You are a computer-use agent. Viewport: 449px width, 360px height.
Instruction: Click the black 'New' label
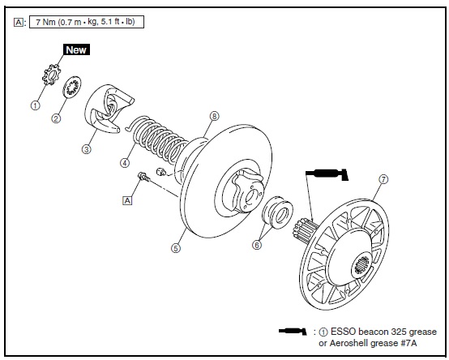[x=76, y=49]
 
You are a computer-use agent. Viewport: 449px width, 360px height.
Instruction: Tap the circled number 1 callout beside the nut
[x=35, y=105]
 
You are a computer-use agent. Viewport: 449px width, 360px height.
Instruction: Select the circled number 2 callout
[x=56, y=118]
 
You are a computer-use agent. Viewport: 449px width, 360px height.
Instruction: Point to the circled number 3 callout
[x=87, y=149]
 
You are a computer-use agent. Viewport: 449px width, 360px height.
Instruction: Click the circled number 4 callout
[x=125, y=163]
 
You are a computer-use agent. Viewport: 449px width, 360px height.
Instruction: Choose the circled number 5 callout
[x=176, y=248]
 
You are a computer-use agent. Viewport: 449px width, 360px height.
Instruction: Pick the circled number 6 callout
[x=257, y=245]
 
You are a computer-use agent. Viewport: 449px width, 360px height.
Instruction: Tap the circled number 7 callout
[x=383, y=179]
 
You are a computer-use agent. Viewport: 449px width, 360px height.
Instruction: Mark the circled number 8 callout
[x=214, y=116]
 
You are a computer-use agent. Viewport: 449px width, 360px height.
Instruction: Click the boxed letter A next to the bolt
[x=127, y=200]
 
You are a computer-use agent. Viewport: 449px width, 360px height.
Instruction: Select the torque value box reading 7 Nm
[x=87, y=22]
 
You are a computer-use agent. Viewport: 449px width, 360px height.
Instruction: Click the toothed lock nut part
[x=51, y=75]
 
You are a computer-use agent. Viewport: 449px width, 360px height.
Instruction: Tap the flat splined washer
[x=72, y=87]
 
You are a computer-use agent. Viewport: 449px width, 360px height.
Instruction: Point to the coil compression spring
[x=157, y=139]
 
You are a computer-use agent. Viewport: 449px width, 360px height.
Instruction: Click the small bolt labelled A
[x=144, y=176]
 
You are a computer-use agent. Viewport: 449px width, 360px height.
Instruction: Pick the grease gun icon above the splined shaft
[x=327, y=174]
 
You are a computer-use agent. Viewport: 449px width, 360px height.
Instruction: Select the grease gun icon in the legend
[x=293, y=332]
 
